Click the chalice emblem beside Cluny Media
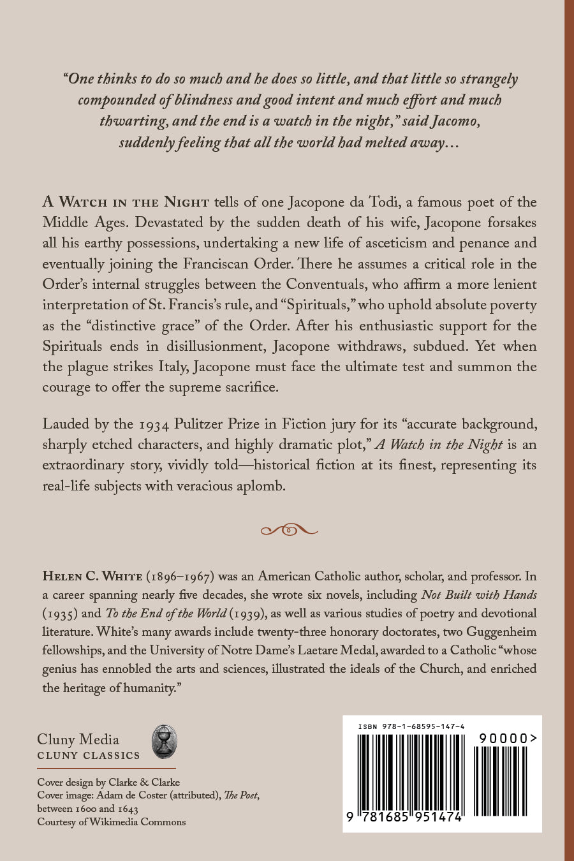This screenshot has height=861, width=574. [x=164, y=741]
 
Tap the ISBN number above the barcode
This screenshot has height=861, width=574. [x=411, y=726]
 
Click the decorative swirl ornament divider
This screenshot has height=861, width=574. [x=289, y=529]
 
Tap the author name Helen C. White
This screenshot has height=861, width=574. [x=92, y=576]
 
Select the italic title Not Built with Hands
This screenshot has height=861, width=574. [x=479, y=594]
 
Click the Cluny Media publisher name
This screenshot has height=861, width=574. [x=78, y=739]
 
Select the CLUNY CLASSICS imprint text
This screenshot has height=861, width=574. [x=88, y=756]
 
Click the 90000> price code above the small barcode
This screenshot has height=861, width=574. [x=508, y=738]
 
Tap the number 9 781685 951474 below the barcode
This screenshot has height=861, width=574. [x=404, y=816]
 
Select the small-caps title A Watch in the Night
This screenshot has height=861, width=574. [x=126, y=202]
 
